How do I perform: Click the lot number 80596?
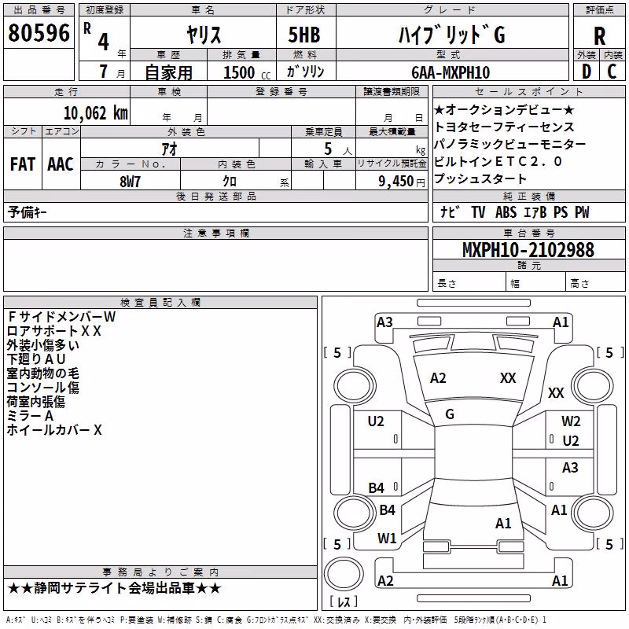(x=39, y=33)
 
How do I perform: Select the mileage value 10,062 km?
(x=95, y=113)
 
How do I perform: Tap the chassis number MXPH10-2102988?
(x=528, y=250)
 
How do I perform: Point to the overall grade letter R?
(x=599, y=36)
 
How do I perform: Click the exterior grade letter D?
(x=587, y=72)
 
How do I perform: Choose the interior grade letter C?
(x=612, y=72)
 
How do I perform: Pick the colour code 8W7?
(x=130, y=182)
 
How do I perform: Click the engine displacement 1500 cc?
(x=247, y=72)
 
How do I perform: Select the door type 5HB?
(x=304, y=35)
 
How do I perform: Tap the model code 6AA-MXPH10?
(x=451, y=72)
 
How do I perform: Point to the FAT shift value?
(x=23, y=164)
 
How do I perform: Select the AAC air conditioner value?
(x=61, y=164)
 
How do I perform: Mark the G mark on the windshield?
(x=450, y=414)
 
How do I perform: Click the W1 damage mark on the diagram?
(x=387, y=538)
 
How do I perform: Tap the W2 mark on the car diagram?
(x=571, y=421)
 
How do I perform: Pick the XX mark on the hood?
(x=508, y=378)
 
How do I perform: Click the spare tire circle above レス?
(x=344, y=574)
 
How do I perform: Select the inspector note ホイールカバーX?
(x=54, y=430)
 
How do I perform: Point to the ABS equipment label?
(x=506, y=212)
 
